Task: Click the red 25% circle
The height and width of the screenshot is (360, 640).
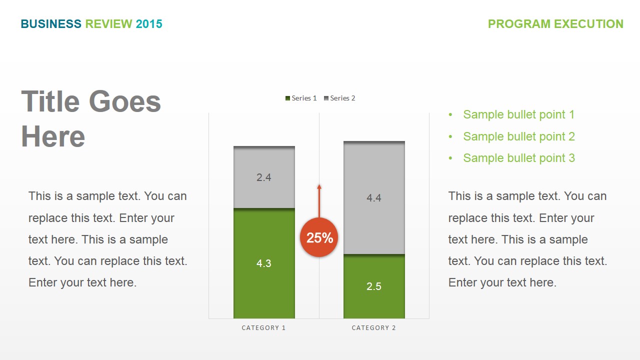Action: point(319,237)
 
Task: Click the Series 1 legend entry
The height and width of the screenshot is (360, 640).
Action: point(301,98)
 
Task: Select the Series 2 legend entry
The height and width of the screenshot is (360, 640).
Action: point(339,98)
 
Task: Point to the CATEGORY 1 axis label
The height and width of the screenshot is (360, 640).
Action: point(263,328)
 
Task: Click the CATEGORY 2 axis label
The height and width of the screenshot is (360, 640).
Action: point(373,328)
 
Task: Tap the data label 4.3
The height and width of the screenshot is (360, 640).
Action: point(264,263)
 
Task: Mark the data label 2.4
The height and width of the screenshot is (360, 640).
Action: point(264,177)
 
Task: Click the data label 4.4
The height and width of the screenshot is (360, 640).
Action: point(374,198)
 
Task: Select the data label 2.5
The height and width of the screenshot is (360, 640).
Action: point(374,286)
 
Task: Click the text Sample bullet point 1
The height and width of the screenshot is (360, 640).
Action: point(518,114)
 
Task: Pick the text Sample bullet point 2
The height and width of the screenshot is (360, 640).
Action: point(518,136)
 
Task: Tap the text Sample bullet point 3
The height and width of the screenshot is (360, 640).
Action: point(518,158)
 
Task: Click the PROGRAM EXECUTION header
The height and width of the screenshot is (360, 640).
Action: point(555,24)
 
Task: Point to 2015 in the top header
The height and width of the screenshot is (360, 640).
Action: point(149,24)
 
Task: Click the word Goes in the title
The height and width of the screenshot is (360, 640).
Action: point(125,101)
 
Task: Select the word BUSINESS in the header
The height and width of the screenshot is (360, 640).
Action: point(51,24)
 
